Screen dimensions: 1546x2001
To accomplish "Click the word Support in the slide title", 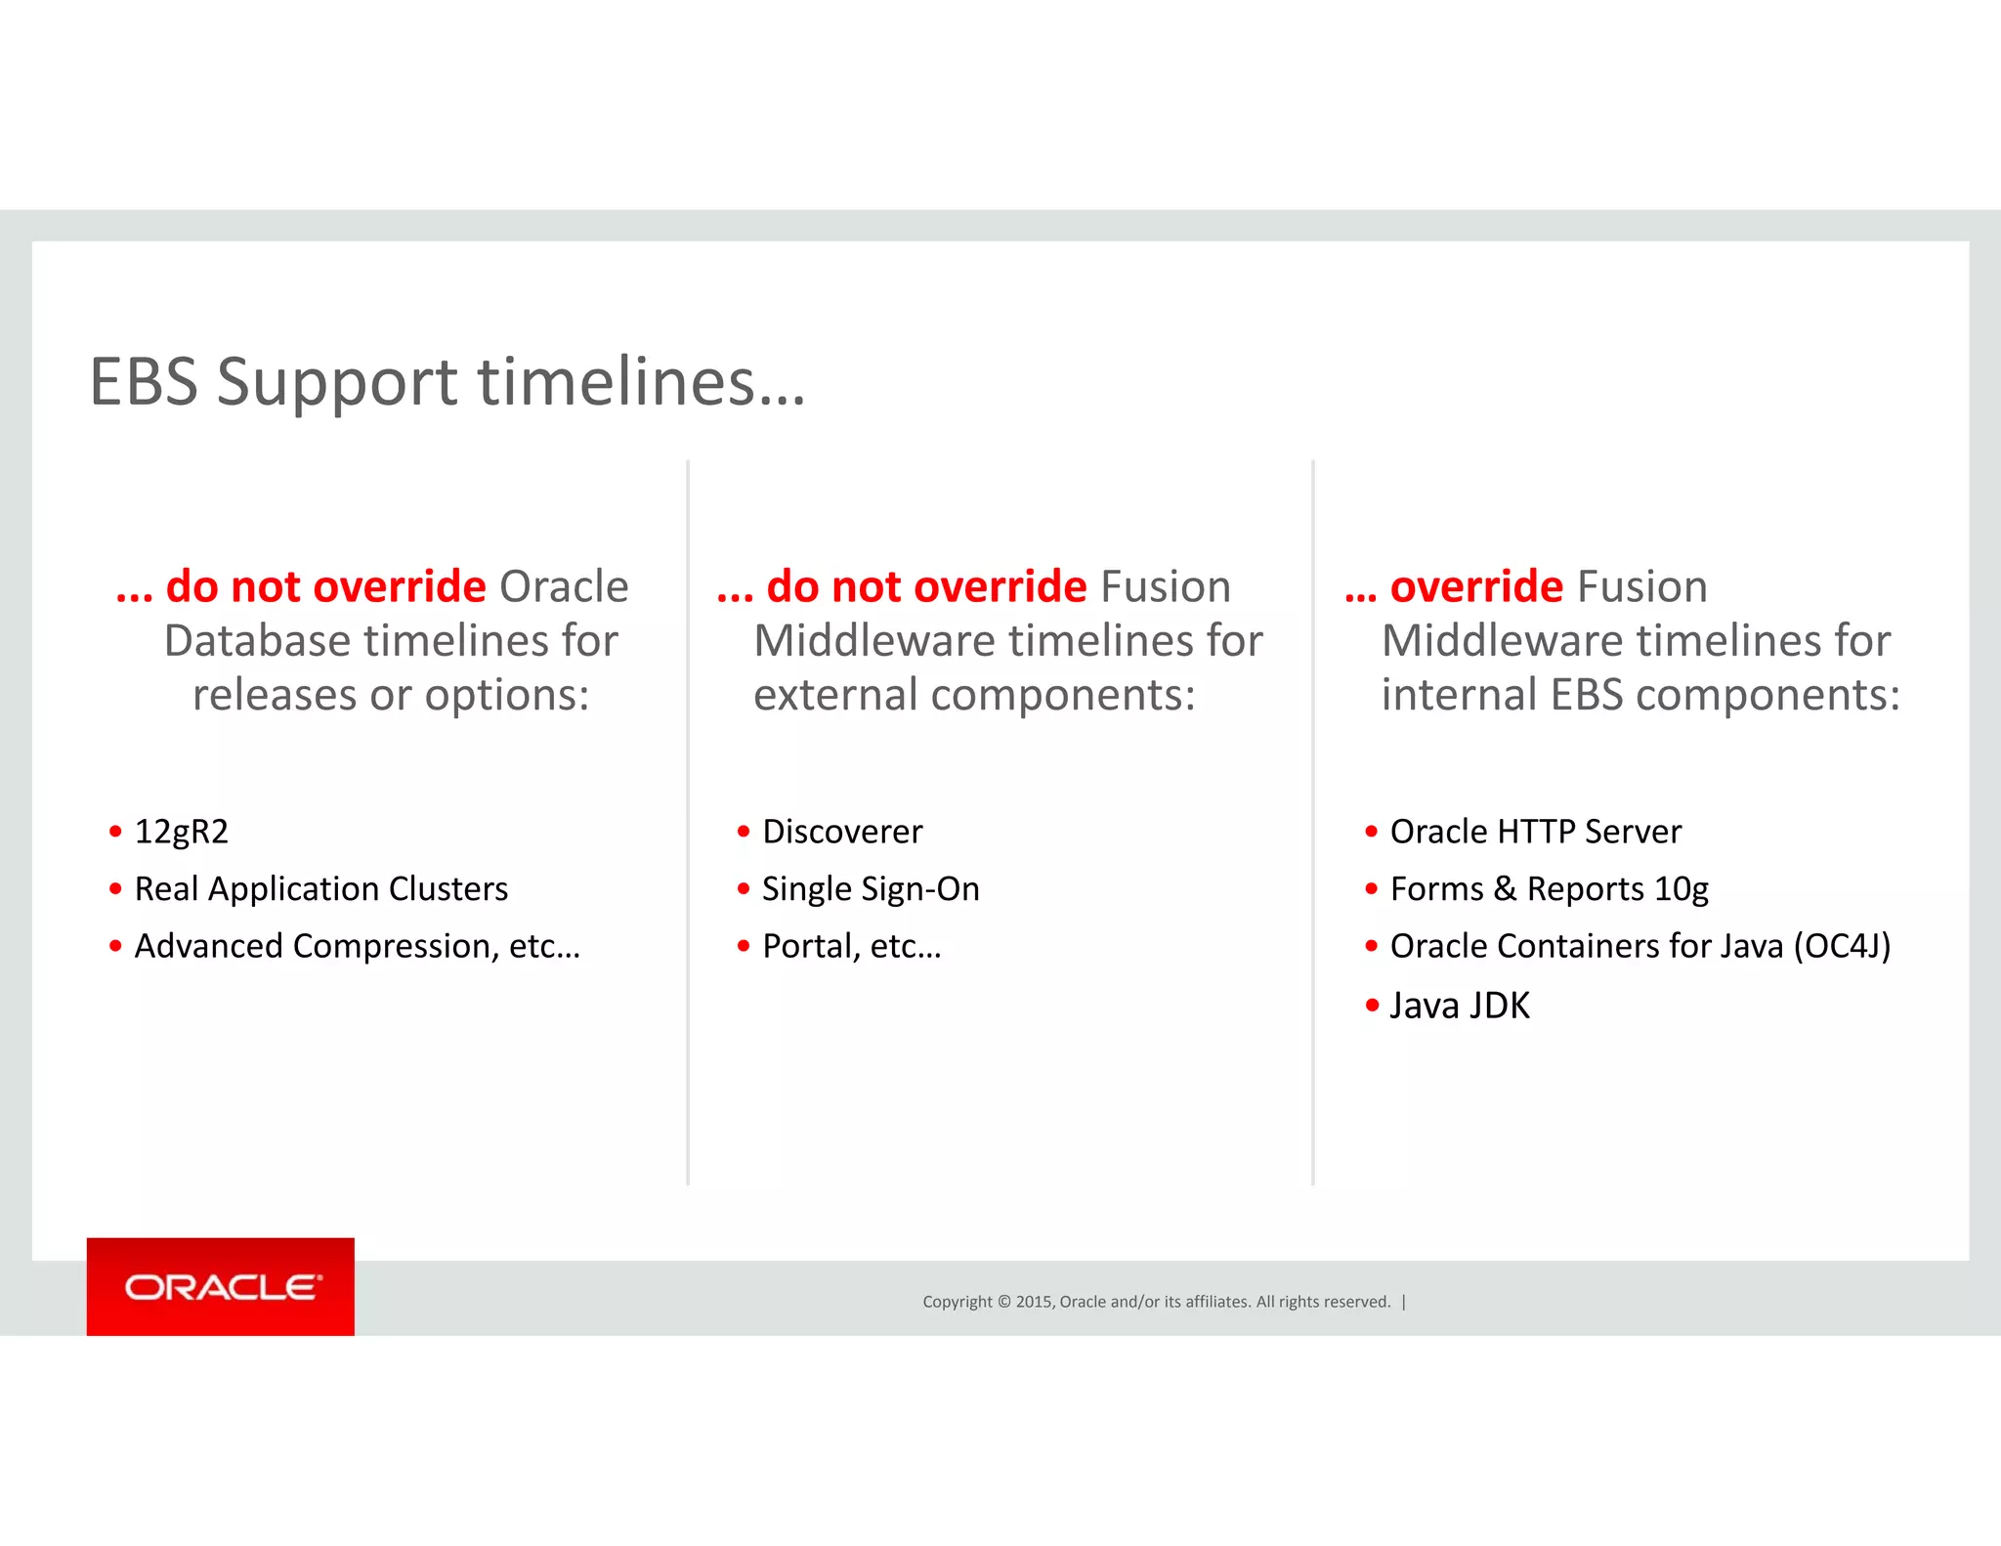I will [x=336, y=381].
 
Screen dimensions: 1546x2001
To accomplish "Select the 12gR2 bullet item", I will [x=181, y=832].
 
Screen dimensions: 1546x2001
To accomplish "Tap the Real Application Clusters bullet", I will [x=320, y=889].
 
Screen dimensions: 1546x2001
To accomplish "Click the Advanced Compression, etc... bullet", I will [x=357, y=946].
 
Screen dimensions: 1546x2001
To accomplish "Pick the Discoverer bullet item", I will [x=841, y=832].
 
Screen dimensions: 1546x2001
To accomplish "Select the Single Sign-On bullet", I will [x=870, y=889].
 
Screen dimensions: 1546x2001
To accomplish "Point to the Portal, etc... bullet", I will [x=851, y=946].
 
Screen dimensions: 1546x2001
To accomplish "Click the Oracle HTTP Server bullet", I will [x=1535, y=832].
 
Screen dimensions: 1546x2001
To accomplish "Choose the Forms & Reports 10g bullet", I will [x=1549, y=889].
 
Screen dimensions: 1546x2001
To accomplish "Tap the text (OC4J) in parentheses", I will [x=1842, y=946].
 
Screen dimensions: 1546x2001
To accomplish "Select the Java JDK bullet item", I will [x=1459, y=1006].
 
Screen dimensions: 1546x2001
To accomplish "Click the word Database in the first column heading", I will [x=257, y=641].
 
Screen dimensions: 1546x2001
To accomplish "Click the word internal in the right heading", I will [x=1459, y=695].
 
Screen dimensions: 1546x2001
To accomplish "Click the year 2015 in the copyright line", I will [x=1034, y=1302].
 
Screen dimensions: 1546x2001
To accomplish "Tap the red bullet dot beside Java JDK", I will [x=1372, y=1005].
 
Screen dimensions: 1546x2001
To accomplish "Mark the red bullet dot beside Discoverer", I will [x=744, y=832].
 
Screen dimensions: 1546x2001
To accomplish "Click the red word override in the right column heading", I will [x=1476, y=586].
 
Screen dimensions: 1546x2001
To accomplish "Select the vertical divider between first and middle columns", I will [x=688, y=821].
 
